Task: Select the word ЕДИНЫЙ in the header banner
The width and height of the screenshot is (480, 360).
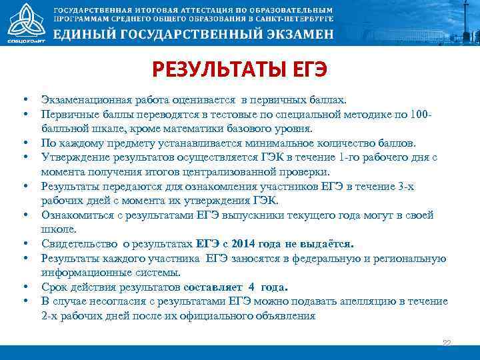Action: pos(82,36)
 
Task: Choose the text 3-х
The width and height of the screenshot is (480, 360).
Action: pos(403,186)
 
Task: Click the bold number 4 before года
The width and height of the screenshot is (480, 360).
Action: pos(251,287)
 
